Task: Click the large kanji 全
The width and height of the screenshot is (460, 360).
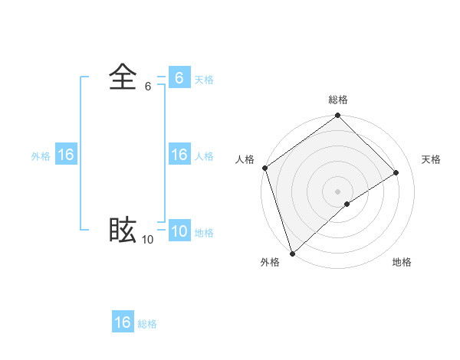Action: [x=123, y=77]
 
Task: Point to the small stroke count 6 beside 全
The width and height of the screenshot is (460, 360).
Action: [x=148, y=87]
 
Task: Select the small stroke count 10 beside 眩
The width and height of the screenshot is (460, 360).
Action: [x=147, y=240]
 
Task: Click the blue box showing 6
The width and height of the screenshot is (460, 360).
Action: [x=179, y=78]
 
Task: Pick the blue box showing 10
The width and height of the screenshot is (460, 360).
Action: [x=179, y=232]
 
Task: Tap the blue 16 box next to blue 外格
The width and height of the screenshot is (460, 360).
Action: [x=66, y=155]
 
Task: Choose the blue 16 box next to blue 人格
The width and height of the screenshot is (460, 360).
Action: [x=179, y=155]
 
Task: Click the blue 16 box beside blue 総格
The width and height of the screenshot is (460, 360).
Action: [x=123, y=322]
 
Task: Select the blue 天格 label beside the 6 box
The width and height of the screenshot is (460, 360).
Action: [x=204, y=80]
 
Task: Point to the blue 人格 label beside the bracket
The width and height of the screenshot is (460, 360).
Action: [x=204, y=156]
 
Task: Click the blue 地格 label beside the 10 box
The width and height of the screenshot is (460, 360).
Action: [x=204, y=233]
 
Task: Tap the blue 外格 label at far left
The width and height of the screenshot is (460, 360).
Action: [x=41, y=156]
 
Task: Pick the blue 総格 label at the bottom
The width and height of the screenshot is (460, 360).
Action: [x=147, y=324]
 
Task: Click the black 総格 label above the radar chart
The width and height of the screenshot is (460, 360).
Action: [x=338, y=100]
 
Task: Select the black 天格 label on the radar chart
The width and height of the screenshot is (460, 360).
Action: [x=432, y=159]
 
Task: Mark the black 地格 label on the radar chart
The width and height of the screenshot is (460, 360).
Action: [x=402, y=262]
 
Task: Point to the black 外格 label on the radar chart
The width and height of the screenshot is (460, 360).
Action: [x=270, y=262]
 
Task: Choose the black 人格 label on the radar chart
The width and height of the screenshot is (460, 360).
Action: [x=245, y=159]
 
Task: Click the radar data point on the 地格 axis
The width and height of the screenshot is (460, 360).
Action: [x=347, y=204]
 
